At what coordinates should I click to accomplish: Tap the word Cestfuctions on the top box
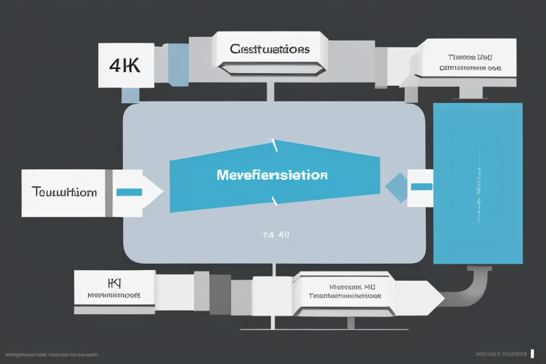tap(269, 49)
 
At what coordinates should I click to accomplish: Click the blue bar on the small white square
tap(420, 186)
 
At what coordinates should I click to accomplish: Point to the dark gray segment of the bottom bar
tap(220, 294)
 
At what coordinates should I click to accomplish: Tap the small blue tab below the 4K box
tap(130, 95)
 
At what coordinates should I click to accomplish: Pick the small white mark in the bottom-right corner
tap(532, 353)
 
